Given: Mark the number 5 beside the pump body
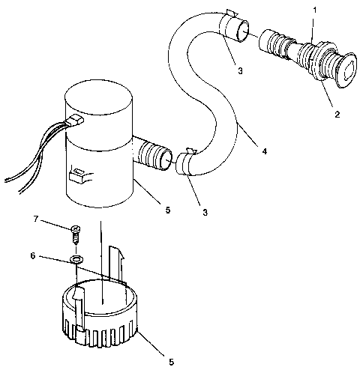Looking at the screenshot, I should (x=167, y=210).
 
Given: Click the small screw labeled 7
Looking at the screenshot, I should (x=76, y=234).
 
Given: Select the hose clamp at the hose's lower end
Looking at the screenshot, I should (x=186, y=163).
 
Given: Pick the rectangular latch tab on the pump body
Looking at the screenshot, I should (x=74, y=178).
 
